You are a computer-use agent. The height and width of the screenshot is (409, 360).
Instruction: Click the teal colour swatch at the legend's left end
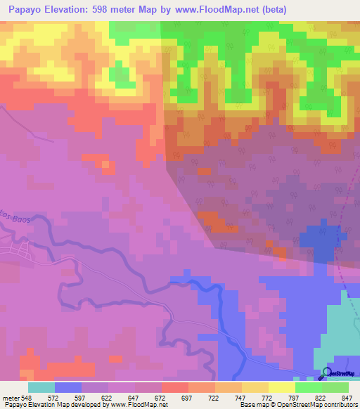tap(41, 387)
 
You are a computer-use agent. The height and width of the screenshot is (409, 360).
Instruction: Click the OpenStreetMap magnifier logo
tap(327, 372)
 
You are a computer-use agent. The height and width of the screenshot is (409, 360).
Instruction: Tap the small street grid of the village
tap(14, 249)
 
